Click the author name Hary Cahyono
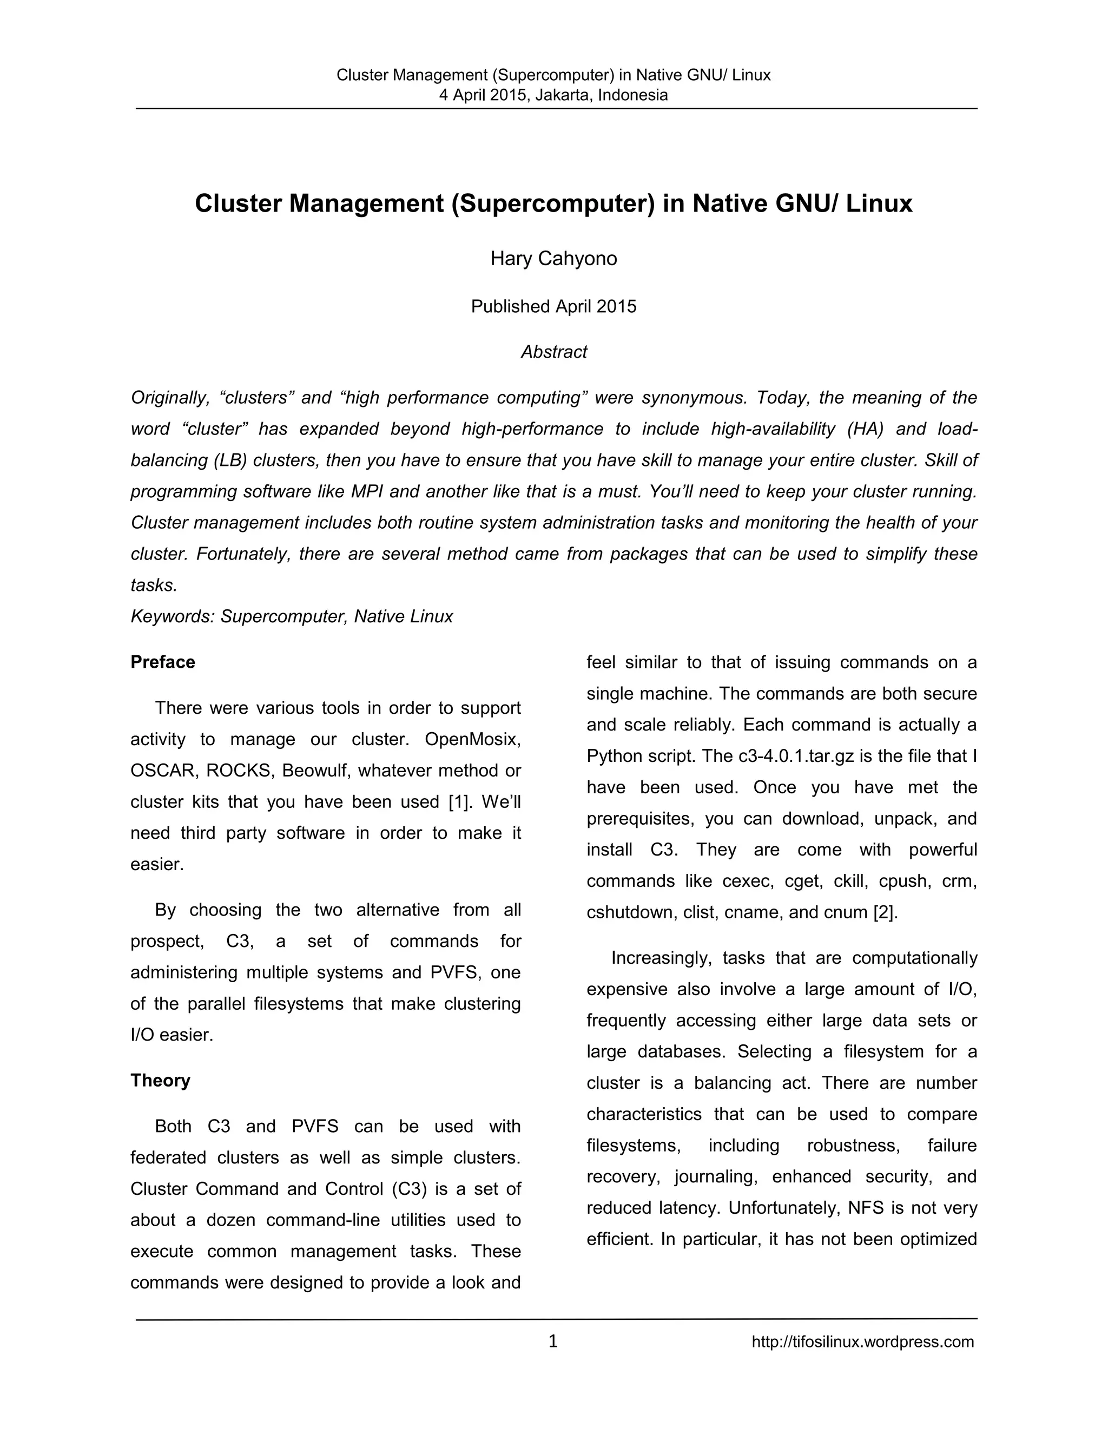(553, 259)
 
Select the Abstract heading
(553, 352)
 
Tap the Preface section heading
(163, 662)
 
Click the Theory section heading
(160, 1080)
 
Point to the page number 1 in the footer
(553, 1341)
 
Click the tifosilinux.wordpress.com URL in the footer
(862, 1341)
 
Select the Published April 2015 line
(553, 307)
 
